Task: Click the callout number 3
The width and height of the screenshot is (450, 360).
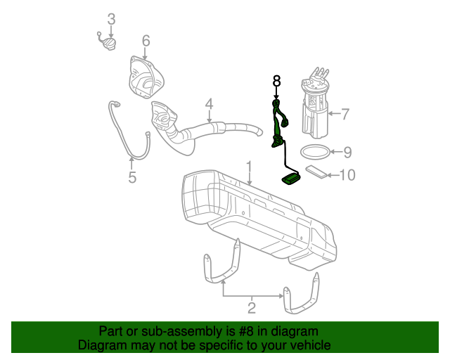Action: coord(110,18)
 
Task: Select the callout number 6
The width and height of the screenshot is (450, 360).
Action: coord(146,41)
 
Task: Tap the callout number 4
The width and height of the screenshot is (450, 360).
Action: coord(209,105)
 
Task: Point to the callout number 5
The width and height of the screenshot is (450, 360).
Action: coord(132,177)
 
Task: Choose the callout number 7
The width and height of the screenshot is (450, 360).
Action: coord(345,112)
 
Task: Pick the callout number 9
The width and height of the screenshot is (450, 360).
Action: coord(347,151)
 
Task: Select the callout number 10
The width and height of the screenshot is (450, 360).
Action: coord(348,174)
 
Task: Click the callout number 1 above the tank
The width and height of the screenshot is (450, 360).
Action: coord(248,166)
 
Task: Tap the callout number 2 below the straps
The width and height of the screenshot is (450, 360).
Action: coord(251,307)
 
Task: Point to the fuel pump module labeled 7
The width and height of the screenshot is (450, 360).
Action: coord(314,105)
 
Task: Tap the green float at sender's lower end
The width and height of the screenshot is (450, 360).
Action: coord(291,180)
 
